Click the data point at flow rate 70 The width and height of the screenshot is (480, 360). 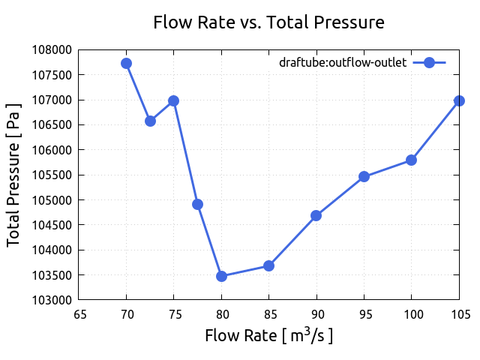click(126, 63)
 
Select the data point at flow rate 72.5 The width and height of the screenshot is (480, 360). click(150, 121)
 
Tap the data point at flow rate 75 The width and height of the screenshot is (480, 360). click(173, 100)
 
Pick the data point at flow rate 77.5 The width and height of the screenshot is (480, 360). click(197, 204)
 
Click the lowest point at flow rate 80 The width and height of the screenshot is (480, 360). click(221, 276)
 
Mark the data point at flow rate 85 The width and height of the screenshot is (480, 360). click(268, 265)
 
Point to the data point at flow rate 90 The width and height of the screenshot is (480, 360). click(316, 215)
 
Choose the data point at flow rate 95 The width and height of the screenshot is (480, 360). click(364, 176)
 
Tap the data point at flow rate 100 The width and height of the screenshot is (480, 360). click(411, 160)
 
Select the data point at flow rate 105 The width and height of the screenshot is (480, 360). click(459, 100)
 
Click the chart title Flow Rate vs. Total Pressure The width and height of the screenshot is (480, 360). click(268, 22)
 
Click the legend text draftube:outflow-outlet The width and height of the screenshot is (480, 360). click(343, 63)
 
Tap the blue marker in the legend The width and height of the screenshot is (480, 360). click(429, 63)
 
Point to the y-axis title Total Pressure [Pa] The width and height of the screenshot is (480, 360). click(13, 175)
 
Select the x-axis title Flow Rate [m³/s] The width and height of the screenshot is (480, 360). click(268, 334)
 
